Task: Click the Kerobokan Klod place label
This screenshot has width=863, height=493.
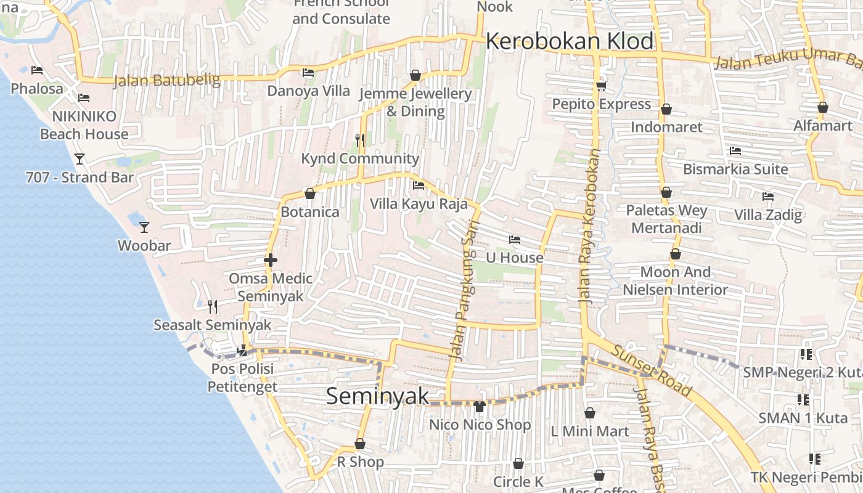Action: click(x=570, y=41)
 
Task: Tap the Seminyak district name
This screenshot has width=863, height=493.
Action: click(x=377, y=396)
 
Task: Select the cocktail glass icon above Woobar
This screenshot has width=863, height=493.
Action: click(x=144, y=227)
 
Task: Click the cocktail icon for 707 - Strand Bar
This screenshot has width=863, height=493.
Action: click(x=80, y=159)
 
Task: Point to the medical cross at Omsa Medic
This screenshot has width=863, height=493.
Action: click(x=270, y=260)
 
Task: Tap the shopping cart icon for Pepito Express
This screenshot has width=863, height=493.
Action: click(x=601, y=86)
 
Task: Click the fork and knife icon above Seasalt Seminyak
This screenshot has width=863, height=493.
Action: click(x=213, y=306)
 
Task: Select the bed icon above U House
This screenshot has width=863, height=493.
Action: click(x=515, y=239)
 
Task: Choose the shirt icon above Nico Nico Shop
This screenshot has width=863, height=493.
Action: click(x=480, y=406)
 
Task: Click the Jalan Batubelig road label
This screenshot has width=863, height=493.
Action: click(x=167, y=80)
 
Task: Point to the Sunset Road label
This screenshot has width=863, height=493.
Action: click(x=652, y=370)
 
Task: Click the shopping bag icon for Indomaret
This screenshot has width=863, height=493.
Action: click(x=666, y=109)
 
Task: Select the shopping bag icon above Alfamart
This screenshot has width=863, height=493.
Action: click(x=822, y=107)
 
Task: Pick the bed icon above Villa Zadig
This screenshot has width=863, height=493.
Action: click(x=768, y=197)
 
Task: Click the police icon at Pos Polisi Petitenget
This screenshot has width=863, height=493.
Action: click(x=242, y=351)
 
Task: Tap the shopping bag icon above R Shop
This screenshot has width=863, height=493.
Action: click(x=360, y=444)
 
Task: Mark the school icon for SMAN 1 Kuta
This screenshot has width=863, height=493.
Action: click(x=803, y=400)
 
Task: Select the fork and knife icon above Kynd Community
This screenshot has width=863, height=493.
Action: click(x=360, y=140)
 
